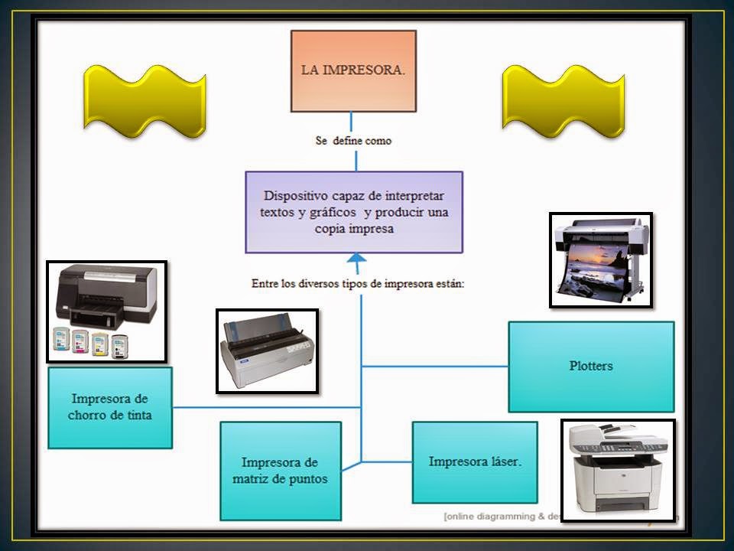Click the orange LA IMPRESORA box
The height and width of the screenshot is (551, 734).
(352, 70)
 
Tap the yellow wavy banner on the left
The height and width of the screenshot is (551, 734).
(145, 101)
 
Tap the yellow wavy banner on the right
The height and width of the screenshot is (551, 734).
(563, 101)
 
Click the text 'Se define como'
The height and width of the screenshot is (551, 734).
(352, 141)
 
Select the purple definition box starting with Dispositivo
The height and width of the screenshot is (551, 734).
(353, 212)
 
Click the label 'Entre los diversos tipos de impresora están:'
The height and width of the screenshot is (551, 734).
(359, 283)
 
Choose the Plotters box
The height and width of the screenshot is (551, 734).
(591, 367)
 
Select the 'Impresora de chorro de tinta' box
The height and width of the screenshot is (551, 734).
(110, 407)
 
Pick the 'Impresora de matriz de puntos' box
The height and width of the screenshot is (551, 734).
(280, 471)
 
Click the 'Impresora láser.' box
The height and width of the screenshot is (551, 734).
(475, 461)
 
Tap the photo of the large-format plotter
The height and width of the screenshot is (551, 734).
(601, 260)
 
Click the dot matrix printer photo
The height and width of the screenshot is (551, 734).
(267, 351)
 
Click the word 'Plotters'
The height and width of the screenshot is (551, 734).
(591, 366)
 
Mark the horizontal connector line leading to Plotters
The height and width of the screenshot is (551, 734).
(434, 367)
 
